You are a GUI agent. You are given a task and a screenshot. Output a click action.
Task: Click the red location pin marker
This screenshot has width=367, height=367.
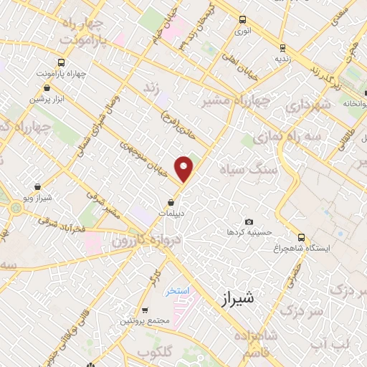point(185,168)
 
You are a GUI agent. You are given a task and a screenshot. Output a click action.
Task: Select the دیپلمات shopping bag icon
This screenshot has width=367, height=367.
point(171,202)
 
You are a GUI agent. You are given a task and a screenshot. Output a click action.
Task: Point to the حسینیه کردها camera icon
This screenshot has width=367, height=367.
point(249,221)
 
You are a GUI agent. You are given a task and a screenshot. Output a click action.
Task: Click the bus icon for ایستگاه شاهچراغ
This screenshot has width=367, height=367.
point(301,237)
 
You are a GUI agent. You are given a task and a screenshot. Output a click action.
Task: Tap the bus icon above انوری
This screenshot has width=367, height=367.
point(242,20)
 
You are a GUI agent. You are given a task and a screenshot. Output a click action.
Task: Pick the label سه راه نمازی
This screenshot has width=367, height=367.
point(295,136)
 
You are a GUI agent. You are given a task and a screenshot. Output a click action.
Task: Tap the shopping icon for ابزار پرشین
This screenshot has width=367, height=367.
point(46,88)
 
